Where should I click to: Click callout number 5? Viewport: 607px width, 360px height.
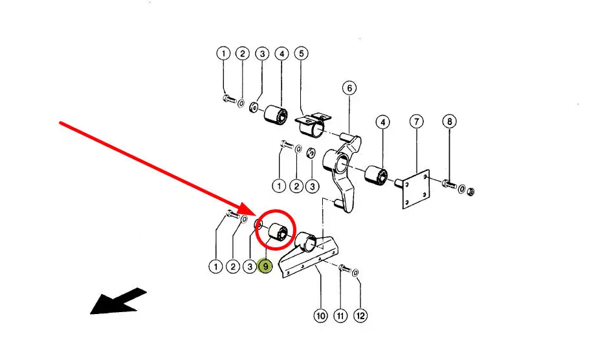pyautogui.click(x=301, y=54)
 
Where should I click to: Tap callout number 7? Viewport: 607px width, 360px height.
pyautogui.click(x=416, y=121)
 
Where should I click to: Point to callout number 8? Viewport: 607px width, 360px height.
pyautogui.click(x=449, y=121)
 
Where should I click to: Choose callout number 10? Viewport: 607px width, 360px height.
pyautogui.click(x=320, y=316)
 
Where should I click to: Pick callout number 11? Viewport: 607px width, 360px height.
pyautogui.click(x=341, y=316)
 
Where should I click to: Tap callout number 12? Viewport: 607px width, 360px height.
pyautogui.click(x=360, y=316)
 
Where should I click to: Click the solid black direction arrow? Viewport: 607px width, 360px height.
pyautogui.click(x=118, y=301)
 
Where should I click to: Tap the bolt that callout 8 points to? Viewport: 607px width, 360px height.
pyautogui.click(x=449, y=186)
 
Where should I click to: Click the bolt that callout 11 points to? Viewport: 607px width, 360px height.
pyautogui.click(x=343, y=268)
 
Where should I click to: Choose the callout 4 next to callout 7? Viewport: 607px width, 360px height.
pyautogui.click(x=382, y=121)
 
